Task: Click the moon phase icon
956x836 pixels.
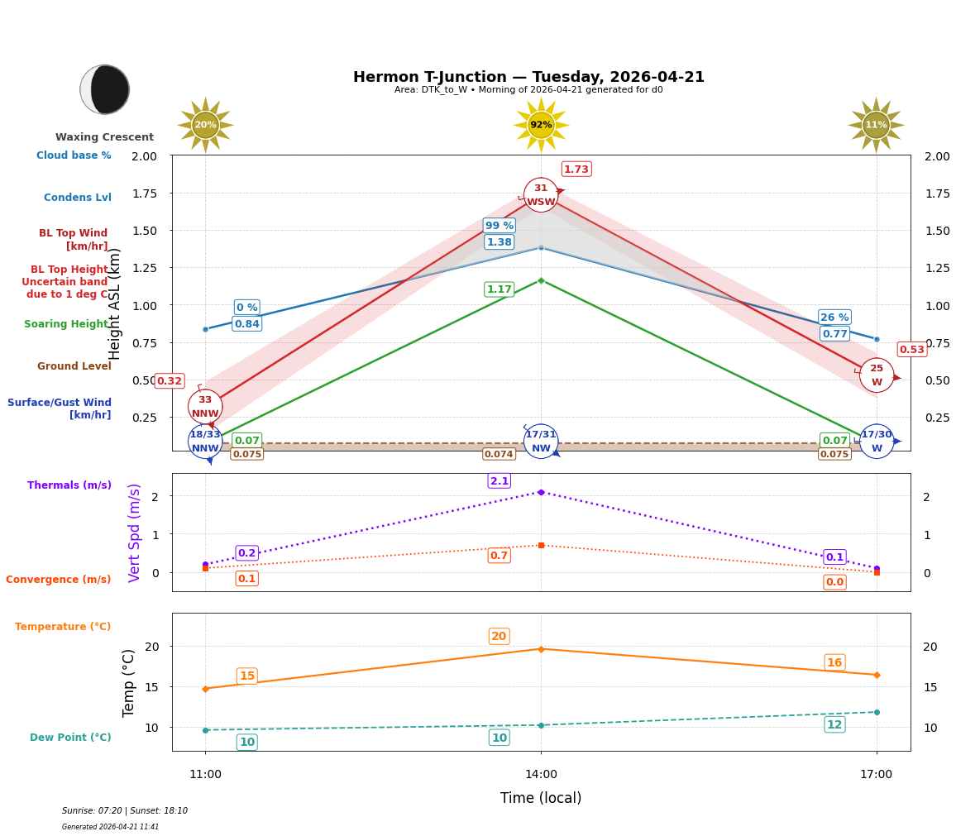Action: (x=105, y=89)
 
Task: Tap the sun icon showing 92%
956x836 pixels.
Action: (x=541, y=125)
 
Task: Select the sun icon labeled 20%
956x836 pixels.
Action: (x=205, y=125)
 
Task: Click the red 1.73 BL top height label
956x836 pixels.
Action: (x=576, y=170)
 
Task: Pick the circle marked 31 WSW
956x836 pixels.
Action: (x=541, y=195)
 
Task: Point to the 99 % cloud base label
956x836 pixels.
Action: (x=500, y=226)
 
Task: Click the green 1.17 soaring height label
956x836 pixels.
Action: (x=500, y=289)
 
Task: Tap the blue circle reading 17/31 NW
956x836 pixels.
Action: (x=541, y=442)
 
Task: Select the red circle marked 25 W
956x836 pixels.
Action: (x=877, y=375)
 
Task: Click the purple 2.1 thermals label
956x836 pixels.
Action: (x=500, y=481)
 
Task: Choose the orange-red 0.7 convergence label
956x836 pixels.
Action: (x=500, y=556)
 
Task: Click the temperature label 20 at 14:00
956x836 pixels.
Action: (x=499, y=637)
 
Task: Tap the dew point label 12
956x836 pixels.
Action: (x=834, y=725)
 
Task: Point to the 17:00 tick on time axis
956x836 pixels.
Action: (x=877, y=775)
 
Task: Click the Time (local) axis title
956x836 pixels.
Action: (x=541, y=798)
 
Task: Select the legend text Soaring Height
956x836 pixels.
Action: (x=67, y=324)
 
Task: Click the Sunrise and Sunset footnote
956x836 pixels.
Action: (x=125, y=811)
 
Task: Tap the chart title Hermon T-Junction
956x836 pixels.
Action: (x=528, y=77)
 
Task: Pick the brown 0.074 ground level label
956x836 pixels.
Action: (x=499, y=455)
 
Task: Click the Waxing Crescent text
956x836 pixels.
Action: (x=105, y=137)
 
